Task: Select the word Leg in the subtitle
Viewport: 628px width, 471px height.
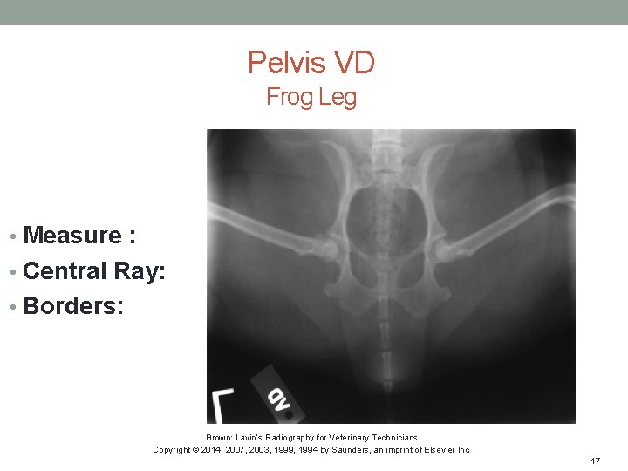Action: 338,97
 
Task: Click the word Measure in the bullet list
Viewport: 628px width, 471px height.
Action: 72,235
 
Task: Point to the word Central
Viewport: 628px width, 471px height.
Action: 65,271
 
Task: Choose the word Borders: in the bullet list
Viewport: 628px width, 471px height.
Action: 73,307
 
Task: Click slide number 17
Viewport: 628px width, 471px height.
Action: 596,461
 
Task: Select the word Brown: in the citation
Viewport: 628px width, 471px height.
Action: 219,438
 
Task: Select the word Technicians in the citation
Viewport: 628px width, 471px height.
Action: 393,438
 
